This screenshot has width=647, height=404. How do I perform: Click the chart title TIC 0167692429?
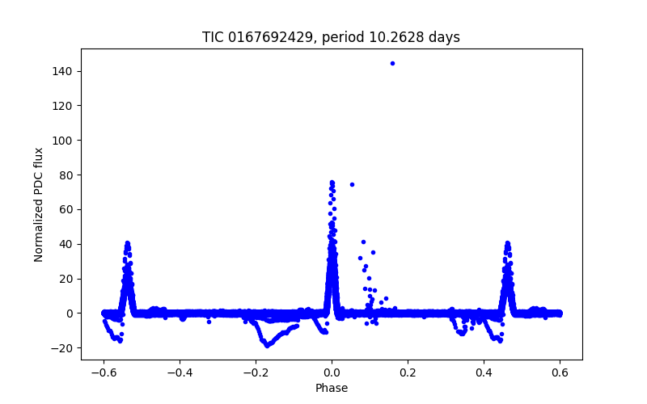pos(331,37)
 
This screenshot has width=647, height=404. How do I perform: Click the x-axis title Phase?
pos(332,388)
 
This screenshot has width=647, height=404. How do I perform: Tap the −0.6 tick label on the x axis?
pos(104,373)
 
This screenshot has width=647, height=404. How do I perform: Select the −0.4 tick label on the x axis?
pos(180,373)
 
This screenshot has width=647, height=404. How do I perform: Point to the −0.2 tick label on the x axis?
pos(256,373)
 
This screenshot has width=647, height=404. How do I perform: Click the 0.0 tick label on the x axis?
pos(332,373)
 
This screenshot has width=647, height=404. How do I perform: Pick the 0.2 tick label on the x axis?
pos(408,373)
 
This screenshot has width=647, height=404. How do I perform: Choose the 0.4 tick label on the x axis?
pos(484,373)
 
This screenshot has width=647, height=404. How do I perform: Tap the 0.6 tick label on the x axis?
pos(560,373)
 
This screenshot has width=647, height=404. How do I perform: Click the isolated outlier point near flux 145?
pos(392,63)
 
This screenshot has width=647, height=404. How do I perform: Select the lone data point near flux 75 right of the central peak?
pos(352,184)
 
